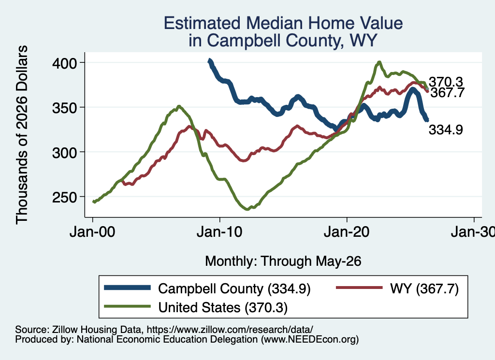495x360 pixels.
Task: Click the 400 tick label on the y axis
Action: click(64, 63)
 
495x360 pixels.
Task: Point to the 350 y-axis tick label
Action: click(64, 108)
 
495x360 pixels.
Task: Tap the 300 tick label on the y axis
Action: click(64, 153)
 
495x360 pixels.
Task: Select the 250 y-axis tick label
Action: click(64, 198)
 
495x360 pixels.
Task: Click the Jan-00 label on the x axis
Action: click(92, 232)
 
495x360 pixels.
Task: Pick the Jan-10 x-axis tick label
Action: click(219, 232)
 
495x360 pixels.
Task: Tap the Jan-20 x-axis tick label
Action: click(347, 232)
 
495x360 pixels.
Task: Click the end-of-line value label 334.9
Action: click(446, 130)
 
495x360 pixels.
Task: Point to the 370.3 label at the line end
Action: click(446, 82)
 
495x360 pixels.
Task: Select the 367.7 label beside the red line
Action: click(447, 93)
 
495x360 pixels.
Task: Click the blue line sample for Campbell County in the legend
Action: click(127, 288)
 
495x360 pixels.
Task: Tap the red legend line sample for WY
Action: click(359, 288)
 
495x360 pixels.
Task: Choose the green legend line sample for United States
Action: click(127, 306)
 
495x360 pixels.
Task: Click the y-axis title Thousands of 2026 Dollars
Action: click(22, 135)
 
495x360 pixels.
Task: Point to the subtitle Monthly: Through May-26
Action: click(283, 261)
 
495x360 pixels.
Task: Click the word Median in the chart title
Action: click(274, 23)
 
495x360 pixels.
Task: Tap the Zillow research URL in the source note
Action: click(230, 330)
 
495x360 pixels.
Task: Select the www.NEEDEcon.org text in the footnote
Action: click(310, 340)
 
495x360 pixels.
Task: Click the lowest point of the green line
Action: click(247, 209)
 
